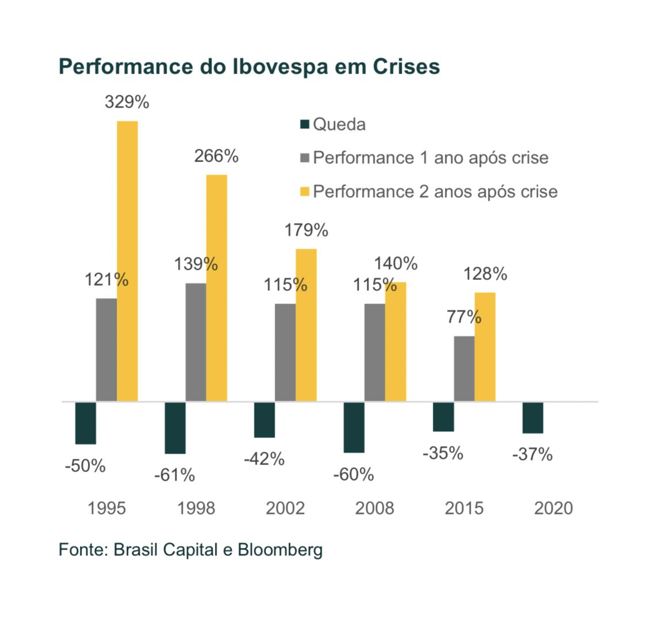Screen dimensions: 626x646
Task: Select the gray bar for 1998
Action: pos(195,342)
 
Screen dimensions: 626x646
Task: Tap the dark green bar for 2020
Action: pos(533,417)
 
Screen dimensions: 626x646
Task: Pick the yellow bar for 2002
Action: pos(306,325)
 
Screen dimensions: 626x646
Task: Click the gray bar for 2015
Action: pos(464,368)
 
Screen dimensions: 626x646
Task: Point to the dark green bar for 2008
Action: pos(353,427)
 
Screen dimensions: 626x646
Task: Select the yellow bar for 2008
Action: pos(395,341)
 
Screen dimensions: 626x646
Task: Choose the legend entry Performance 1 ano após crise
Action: pos(430,158)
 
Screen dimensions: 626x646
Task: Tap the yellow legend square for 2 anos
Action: pos(305,191)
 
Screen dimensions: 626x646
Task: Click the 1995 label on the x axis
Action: pos(106,508)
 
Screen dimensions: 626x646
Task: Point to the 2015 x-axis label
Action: pos(464,508)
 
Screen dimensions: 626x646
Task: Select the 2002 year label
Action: pos(285,508)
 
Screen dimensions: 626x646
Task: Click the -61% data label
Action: pos(174,475)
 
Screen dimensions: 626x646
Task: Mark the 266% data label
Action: pos(216,156)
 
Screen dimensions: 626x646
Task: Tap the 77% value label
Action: pos(464,317)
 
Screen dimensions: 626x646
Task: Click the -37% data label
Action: pos(532,455)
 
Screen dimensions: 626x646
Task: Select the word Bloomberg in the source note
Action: pos(280,550)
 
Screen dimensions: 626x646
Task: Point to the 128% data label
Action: pos(486,274)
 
